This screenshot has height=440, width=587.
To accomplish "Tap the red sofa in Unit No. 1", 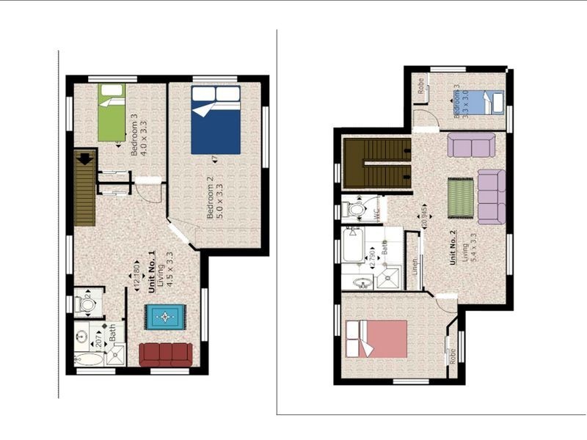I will pos(166,355).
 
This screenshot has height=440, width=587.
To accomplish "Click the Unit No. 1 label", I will pos(153,273).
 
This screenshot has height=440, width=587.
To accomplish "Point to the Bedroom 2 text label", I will pos(210,202).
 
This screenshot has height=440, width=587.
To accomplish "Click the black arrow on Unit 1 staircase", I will pos(86,157).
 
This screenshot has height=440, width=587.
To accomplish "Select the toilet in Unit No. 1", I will pos(87,302).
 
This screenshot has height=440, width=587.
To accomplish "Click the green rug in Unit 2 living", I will pos(461,197).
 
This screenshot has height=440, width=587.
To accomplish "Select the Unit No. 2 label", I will pos(453,247).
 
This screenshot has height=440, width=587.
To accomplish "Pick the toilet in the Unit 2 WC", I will pos(356,210).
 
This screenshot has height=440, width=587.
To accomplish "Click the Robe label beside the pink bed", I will pos(454,355).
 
